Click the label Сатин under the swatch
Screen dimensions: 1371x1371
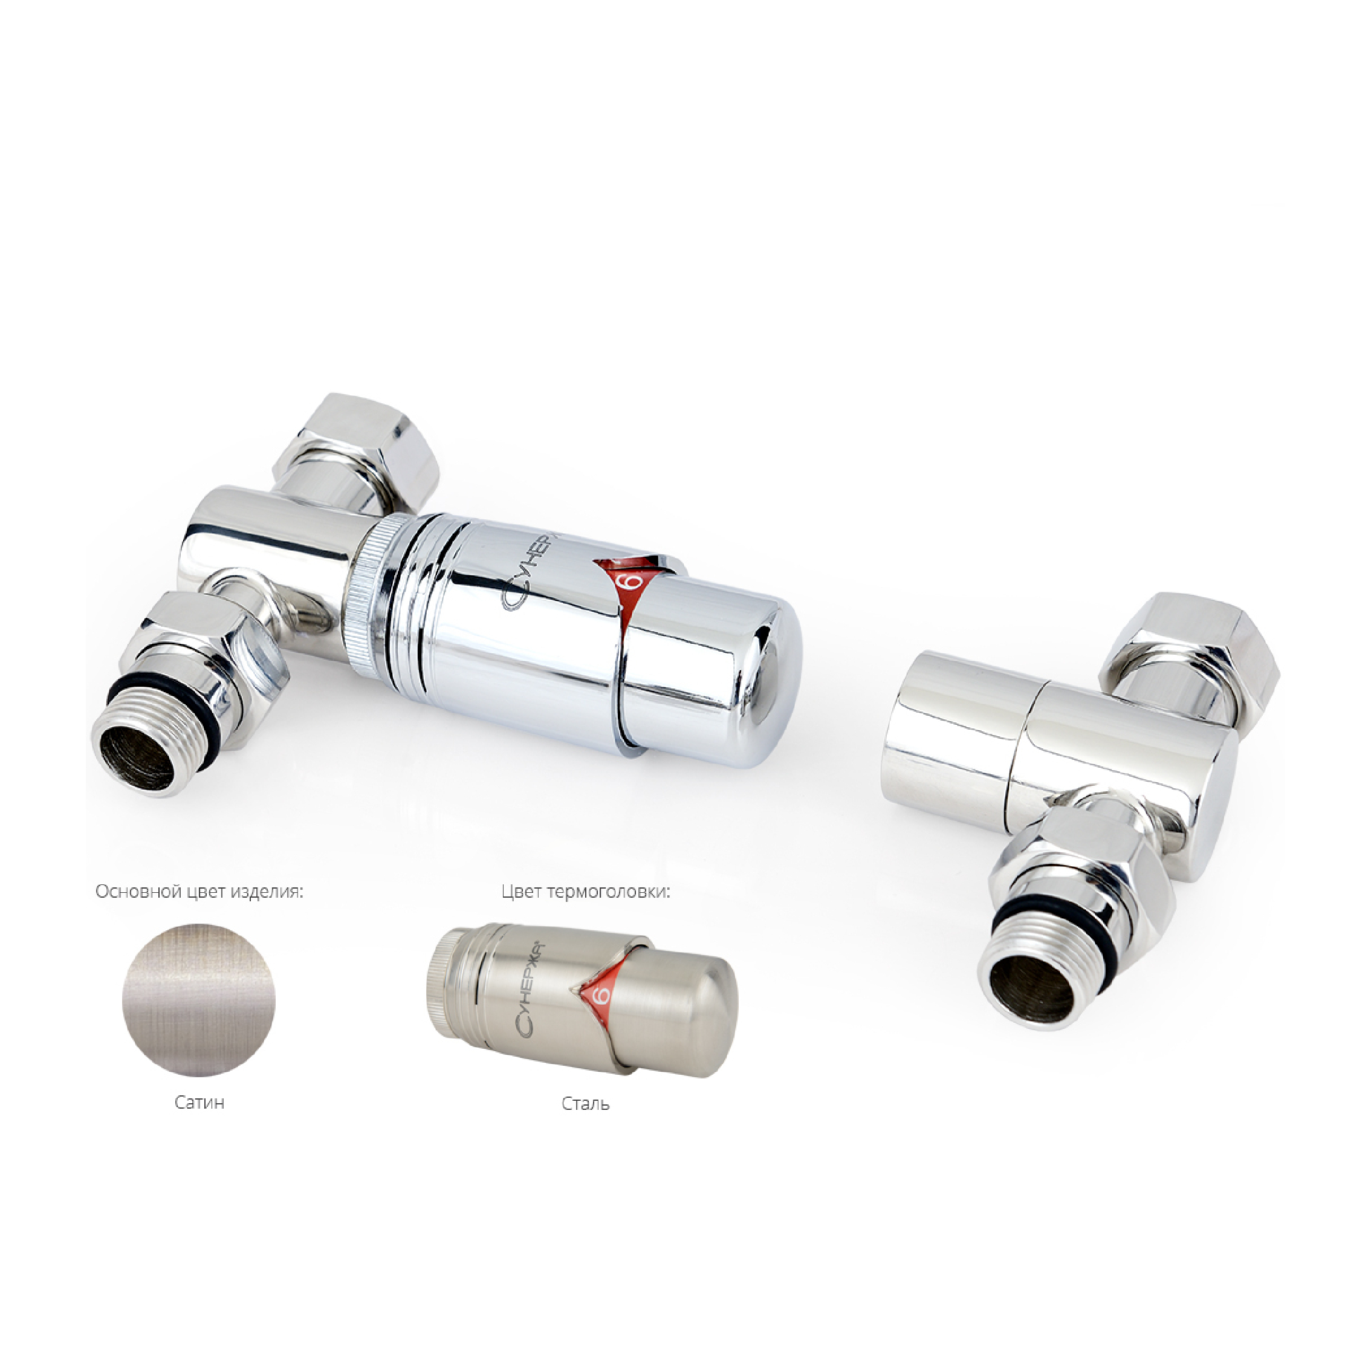tap(199, 1103)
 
